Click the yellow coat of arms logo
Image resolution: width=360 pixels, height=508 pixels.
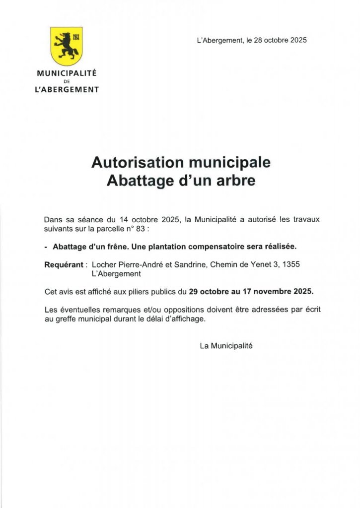[x=67, y=46]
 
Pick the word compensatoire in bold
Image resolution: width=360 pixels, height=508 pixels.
[x=220, y=247]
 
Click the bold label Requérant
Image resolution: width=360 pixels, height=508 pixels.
[x=64, y=264]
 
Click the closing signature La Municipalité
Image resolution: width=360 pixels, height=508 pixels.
[x=226, y=346]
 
